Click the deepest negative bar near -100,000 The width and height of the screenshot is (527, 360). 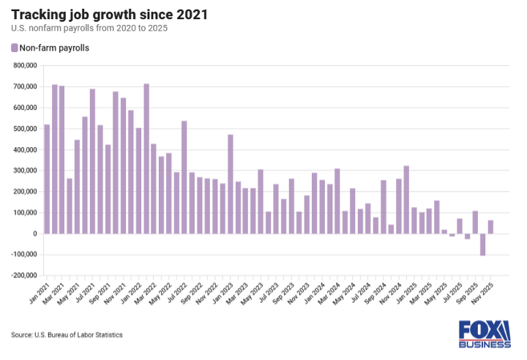[x=483, y=244]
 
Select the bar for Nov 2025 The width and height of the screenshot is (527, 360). [x=490, y=227]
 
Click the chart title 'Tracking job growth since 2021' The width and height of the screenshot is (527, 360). [x=109, y=14]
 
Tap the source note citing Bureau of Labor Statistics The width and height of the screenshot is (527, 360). [x=67, y=334]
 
